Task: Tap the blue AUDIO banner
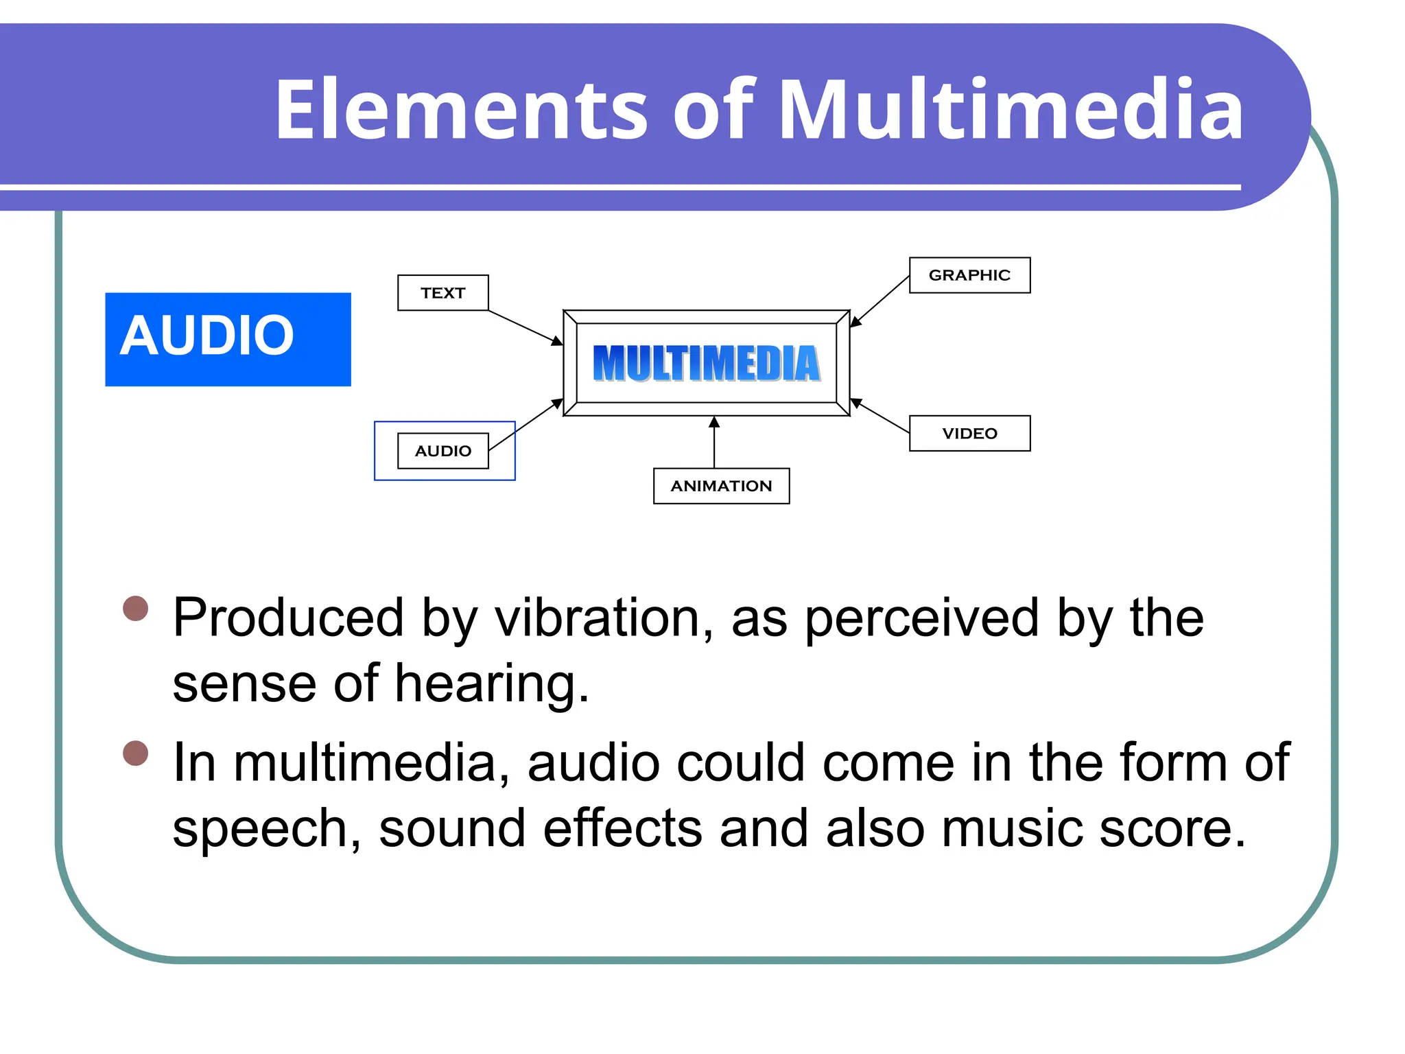227,339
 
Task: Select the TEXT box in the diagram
442,293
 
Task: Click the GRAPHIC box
969,275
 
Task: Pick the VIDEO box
969,434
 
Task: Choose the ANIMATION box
721,486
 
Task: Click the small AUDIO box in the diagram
442,451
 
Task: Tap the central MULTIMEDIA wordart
706,363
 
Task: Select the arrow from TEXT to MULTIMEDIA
525,327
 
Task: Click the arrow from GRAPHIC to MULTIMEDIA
879,301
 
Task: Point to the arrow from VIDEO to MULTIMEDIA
880,417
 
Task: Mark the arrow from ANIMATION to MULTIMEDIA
714,443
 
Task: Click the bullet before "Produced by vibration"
136,608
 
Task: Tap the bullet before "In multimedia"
136,753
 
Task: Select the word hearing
491,683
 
